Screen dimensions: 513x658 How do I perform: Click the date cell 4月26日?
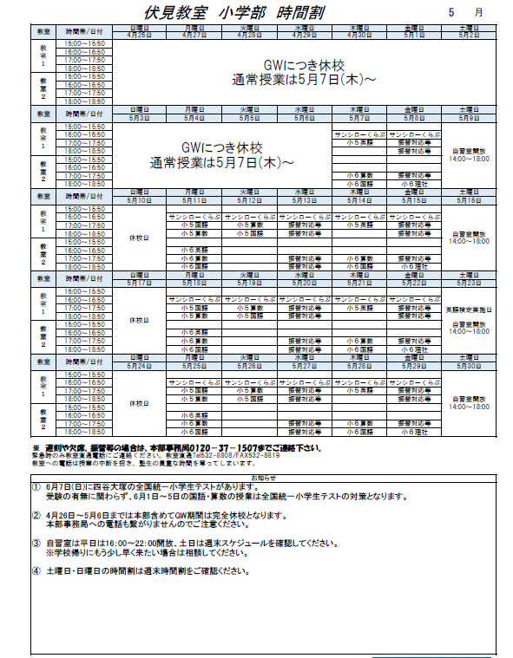pos(140,36)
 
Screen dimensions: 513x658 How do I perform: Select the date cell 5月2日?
pos(470,36)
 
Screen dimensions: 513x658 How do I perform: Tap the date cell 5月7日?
pos(359,118)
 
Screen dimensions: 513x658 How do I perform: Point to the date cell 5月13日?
pos(305,200)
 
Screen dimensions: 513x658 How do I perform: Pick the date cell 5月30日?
pos(470,366)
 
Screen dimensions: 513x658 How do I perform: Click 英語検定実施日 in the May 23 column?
pos(470,309)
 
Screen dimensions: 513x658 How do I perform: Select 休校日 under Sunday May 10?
pos(140,237)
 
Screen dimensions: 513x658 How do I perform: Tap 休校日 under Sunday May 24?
pos(140,403)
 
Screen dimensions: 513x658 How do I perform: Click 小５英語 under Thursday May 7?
pos(359,142)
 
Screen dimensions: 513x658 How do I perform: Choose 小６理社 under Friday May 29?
pos(414,431)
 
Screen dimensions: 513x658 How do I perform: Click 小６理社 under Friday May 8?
pos(414,184)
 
